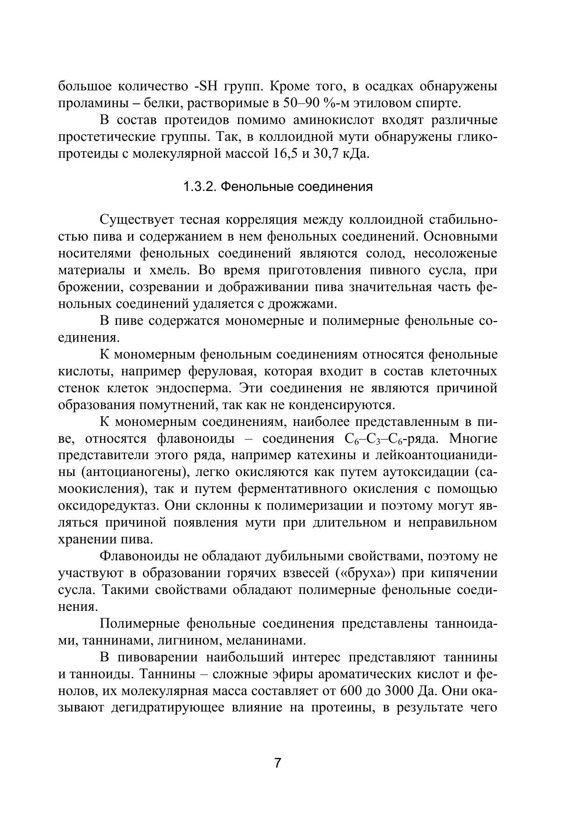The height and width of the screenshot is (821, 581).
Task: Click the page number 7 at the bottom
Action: [278, 763]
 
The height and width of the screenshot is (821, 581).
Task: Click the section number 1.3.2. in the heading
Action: [199, 187]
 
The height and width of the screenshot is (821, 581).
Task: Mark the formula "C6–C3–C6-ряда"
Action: [391, 440]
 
